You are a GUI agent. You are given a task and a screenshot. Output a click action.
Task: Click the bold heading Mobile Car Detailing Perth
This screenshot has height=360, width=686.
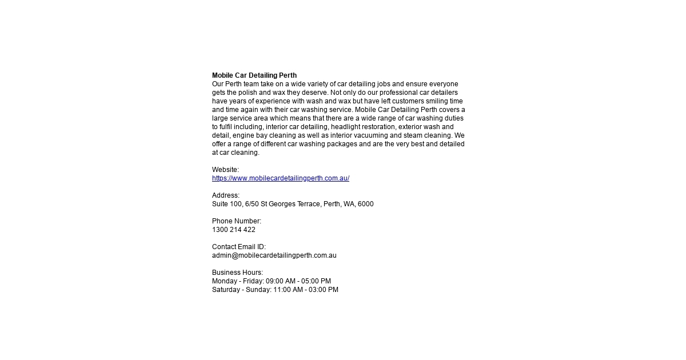tap(254, 75)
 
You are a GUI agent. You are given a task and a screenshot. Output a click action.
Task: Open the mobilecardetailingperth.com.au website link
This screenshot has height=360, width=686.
tap(280, 178)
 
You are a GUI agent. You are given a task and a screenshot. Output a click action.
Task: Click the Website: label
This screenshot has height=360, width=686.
tap(225, 170)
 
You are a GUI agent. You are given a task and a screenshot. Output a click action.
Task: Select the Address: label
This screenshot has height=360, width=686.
tap(226, 195)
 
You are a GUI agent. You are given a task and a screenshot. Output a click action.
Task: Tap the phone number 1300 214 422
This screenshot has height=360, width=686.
tap(233, 230)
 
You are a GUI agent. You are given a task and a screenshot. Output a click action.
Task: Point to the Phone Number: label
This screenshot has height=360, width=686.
tap(236, 221)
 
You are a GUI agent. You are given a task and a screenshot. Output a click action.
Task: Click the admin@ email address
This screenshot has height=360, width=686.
tap(274, 255)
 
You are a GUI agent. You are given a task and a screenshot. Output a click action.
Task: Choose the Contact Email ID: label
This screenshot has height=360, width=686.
tap(238, 247)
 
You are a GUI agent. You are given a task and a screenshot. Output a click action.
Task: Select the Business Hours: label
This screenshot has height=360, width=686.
tap(237, 273)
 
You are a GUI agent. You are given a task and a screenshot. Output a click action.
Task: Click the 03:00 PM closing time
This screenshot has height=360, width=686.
tap(324, 290)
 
